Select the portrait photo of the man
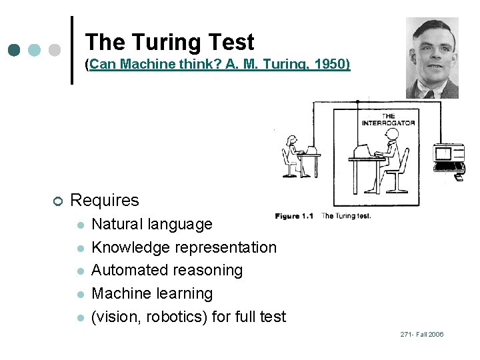[432, 58]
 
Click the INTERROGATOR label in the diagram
[388, 119]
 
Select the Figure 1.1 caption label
[294, 216]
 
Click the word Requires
[105, 200]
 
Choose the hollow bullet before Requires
[58, 201]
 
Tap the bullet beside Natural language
[80, 225]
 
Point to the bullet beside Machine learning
[80, 295]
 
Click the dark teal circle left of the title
[15, 50]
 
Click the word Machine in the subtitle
[139, 65]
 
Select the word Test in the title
[231, 43]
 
